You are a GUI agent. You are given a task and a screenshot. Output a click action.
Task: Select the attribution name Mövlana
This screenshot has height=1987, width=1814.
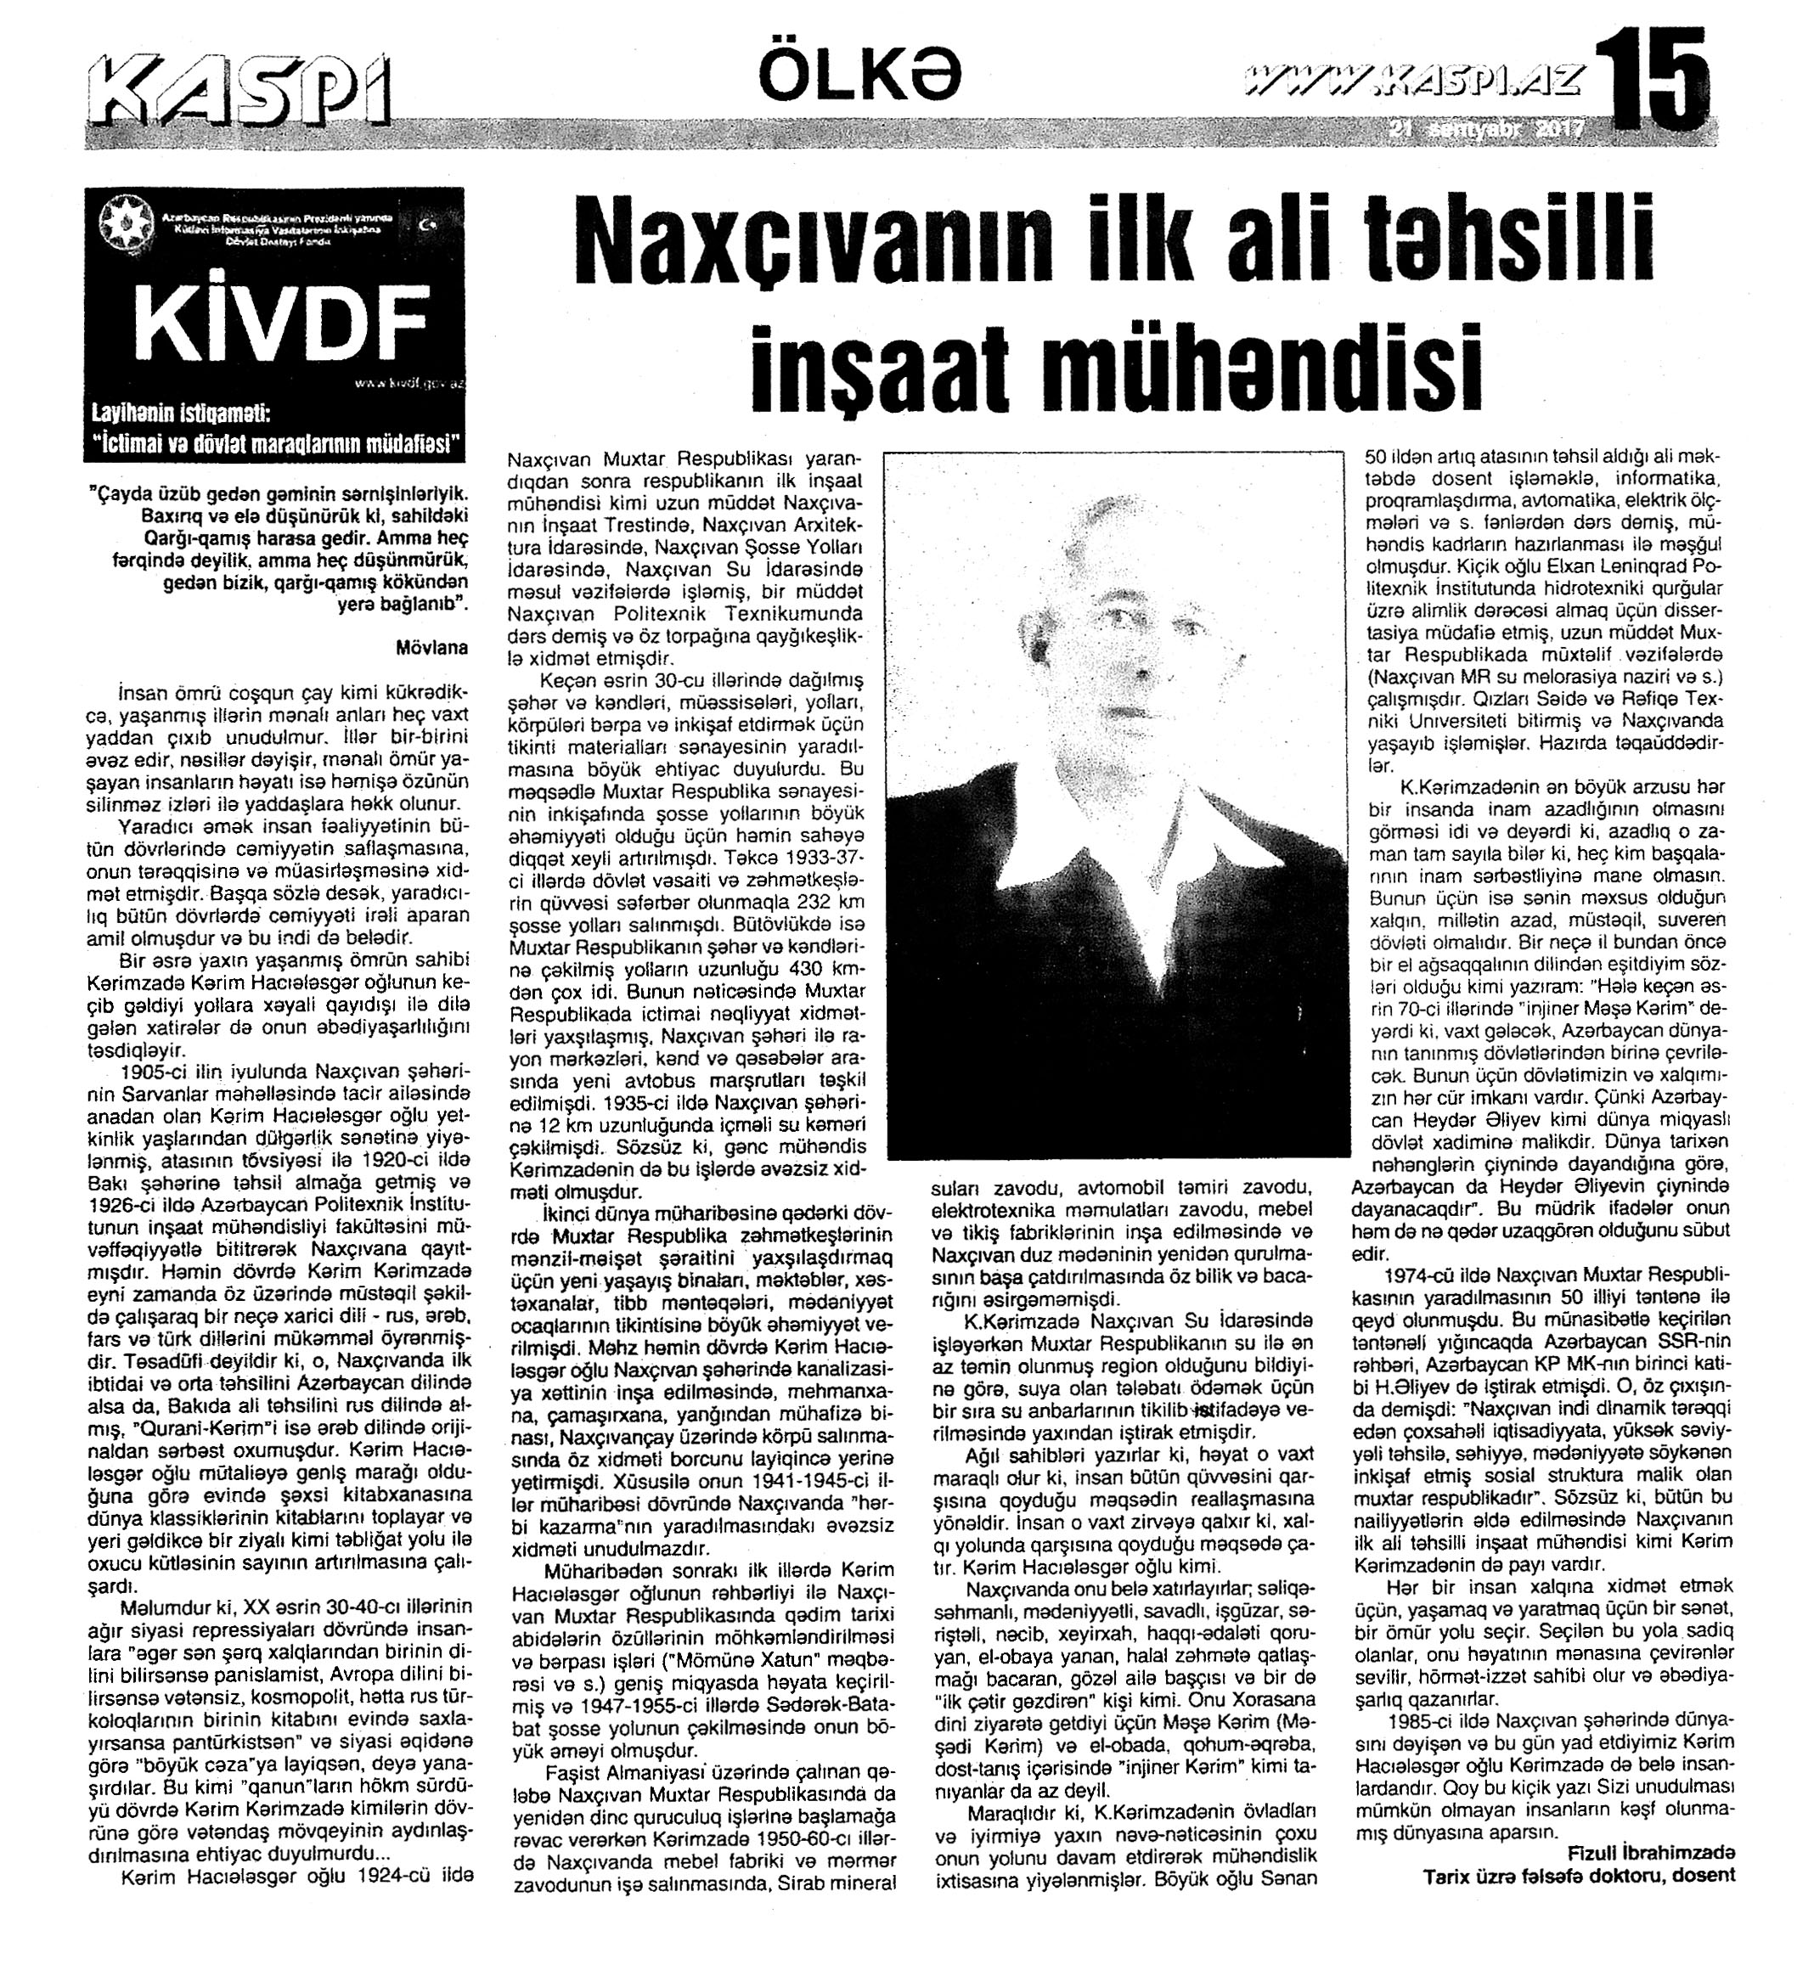(x=431, y=649)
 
